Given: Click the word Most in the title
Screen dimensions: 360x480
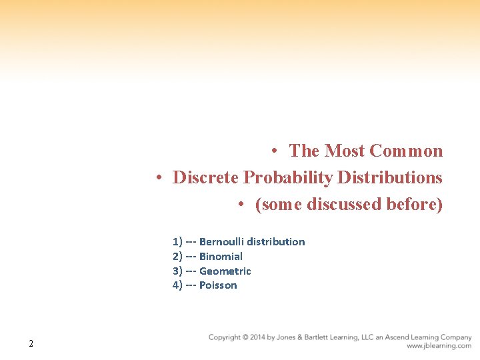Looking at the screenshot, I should coord(344,151).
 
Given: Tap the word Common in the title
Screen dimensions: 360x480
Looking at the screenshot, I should coord(406,151).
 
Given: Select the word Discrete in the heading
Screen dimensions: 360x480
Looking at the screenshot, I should coord(206,178).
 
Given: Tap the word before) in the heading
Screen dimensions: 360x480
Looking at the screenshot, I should coord(415,204).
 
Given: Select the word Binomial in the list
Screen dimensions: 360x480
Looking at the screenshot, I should coord(221,257).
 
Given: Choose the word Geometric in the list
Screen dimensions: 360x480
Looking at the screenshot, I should coord(225,271).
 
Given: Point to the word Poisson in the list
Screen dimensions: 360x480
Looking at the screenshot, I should coord(218,285).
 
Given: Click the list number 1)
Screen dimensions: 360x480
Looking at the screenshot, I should coord(177,242).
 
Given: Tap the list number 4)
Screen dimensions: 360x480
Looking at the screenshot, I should coord(177,285).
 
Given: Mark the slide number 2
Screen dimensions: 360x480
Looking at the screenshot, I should coord(31,344).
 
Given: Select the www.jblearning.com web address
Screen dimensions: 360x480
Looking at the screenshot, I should coord(439,346).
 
